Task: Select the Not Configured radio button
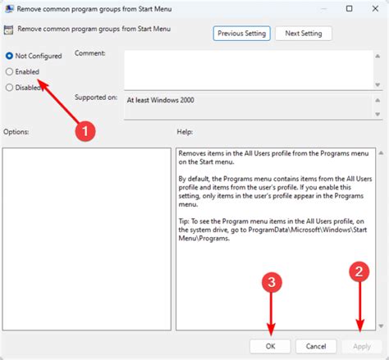(x=9, y=56)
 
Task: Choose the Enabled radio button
(x=9, y=71)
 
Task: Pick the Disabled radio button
(x=9, y=87)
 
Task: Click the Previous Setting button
(x=241, y=34)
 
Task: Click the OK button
(x=270, y=345)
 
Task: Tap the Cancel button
(x=316, y=345)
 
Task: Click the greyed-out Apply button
(x=362, y=345)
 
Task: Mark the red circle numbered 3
(x=272, y=284)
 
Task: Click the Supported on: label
(x=96, y=98)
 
